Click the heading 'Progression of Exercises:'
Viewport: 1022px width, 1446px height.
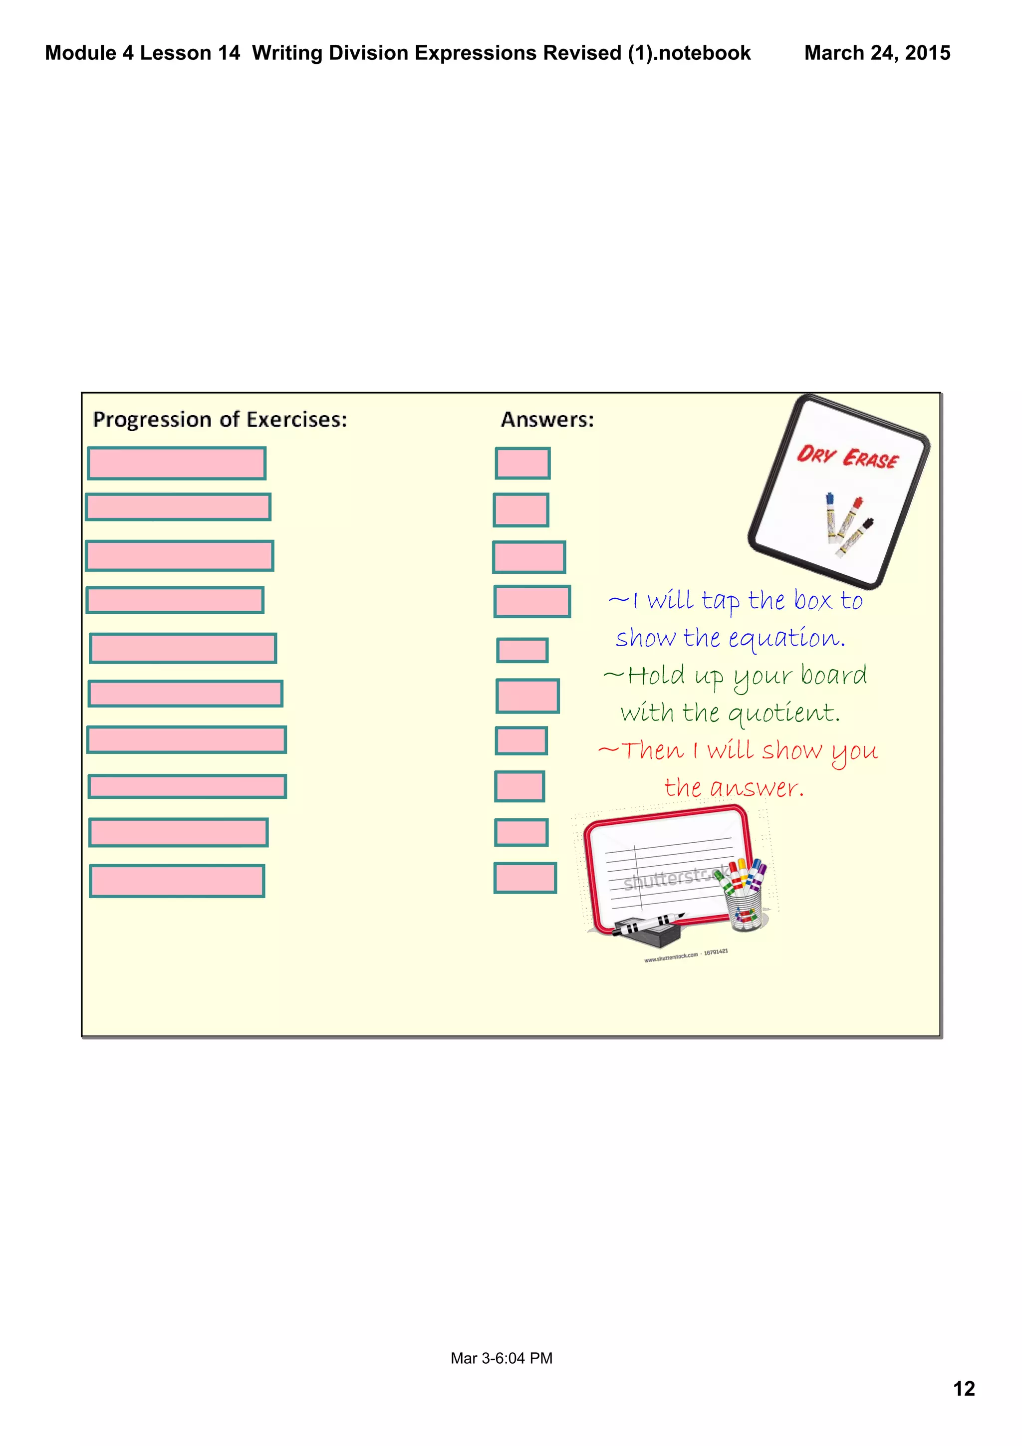[x=220, y=420]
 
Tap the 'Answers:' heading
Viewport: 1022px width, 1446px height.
[x=546, y=420]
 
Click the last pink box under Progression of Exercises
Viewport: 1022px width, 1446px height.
[x=177, y=881]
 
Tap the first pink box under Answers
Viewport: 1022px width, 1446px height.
[x=522, y=464]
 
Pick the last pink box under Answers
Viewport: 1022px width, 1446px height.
[x=524, y=878]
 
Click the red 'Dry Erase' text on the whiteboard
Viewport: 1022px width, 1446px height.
[x=847, y=457]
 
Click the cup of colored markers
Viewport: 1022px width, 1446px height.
[x=745, y=894]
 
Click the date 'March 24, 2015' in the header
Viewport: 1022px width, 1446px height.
[x=877, y=53]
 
